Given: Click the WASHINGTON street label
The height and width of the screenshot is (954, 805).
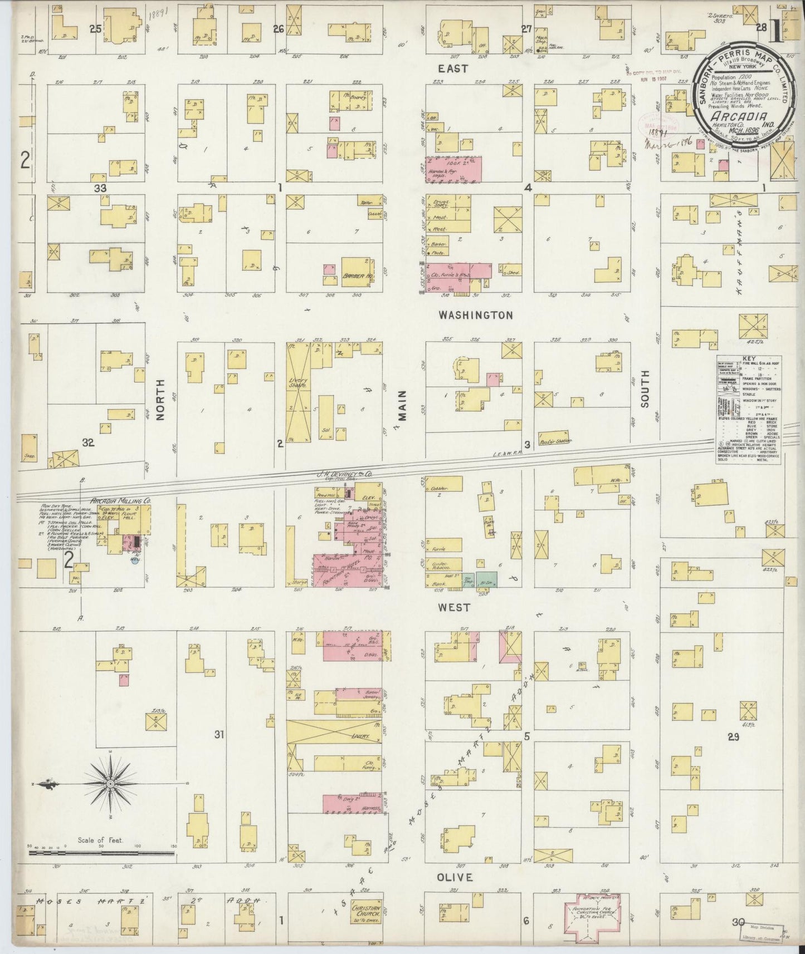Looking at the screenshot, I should click(x=475, y=315).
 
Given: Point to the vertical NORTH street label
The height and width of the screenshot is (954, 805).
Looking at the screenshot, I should click(x=160, y=399).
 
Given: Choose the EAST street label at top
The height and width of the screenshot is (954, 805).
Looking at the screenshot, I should click(x=452, y=68).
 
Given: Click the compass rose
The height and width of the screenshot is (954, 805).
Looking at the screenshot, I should click(x=111, y=784).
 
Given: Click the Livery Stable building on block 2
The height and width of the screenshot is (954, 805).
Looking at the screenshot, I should click(x=297, y=392).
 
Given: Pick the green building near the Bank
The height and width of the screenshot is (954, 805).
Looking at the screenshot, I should click(x=486, y=579).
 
